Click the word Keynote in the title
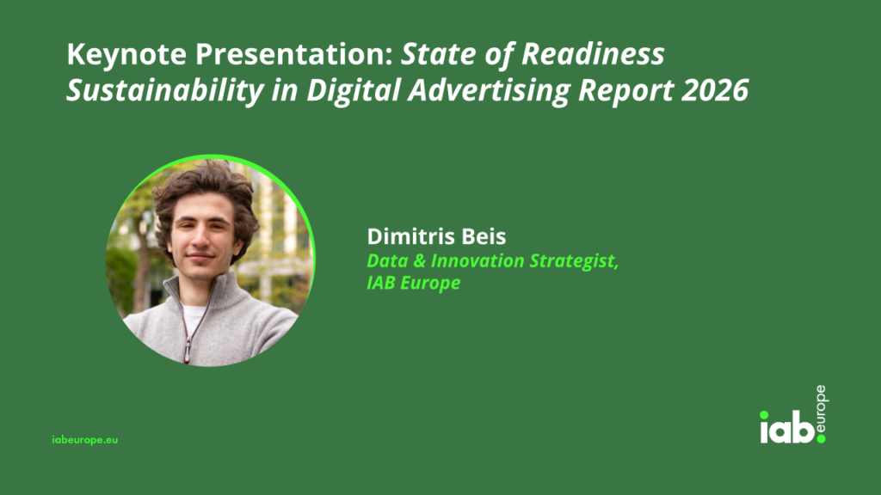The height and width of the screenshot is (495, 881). (x=126, y=55)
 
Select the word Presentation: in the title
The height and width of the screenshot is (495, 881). (x=294, y=55)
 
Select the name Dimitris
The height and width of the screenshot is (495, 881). (x=409, y=236)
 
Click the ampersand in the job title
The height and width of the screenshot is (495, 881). (x=419, y=261)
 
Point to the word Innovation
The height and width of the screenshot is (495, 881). (x=477, y=261)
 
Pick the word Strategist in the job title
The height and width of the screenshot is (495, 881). (x=573, y=262)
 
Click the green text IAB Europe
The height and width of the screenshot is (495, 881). (x=414, y=283)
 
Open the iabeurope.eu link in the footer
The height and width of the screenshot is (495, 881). (x=85, y=440)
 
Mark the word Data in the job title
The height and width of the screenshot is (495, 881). (x=387, y=261)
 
